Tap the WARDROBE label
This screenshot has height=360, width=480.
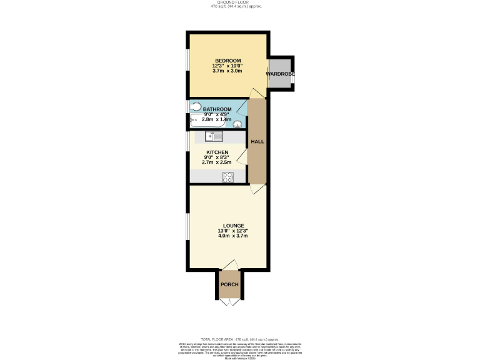coord(281,74)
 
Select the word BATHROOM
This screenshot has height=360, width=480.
coord(217,109)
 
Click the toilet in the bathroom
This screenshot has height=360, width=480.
coord(194,106)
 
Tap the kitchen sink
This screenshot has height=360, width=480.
coord(206,136)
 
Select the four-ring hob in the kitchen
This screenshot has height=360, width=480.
coord(228,177)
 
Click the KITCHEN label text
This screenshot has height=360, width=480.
coord(217,152)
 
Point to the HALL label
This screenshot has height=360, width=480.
coord(257,142)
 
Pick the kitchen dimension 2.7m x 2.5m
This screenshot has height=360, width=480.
coord(217,162)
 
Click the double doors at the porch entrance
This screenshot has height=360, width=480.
coord(229,301)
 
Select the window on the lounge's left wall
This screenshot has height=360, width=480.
coord(187,228)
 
